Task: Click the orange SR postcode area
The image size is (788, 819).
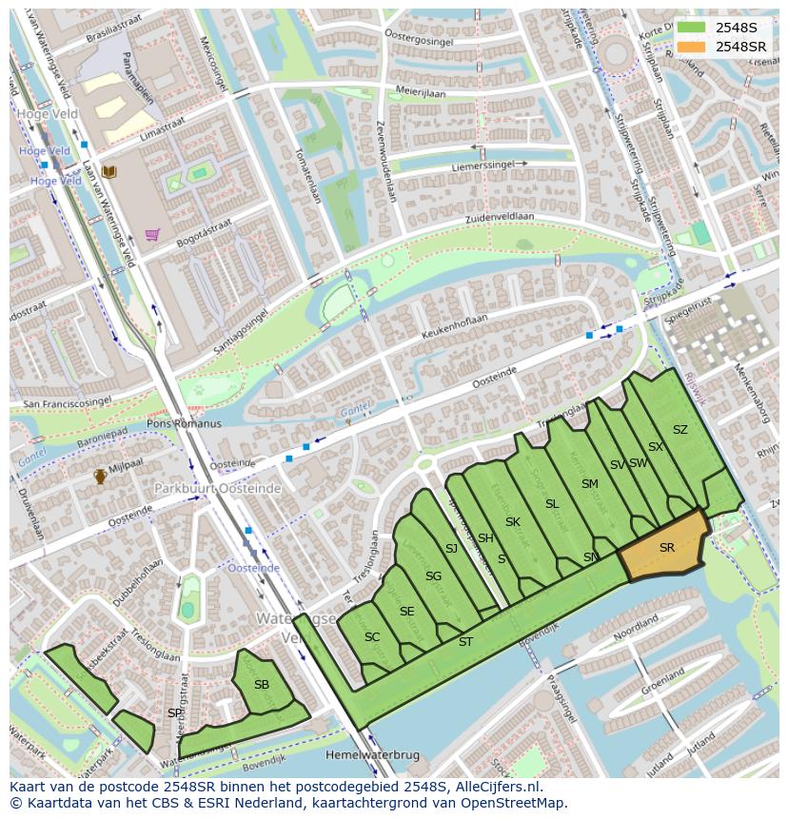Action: (663, 550)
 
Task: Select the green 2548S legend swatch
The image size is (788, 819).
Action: (692, 28)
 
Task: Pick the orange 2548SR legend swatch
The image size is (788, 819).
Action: (692, 47)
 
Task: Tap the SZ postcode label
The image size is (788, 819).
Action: (680, 430)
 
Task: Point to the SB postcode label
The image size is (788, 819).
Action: (262, 684)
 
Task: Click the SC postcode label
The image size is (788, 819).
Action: (372, 637)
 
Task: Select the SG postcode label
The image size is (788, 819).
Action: (433, 576)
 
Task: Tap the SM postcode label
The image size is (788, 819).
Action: (590, 484)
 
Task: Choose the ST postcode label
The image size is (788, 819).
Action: (465, 642)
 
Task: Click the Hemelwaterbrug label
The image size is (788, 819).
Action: (372, 754)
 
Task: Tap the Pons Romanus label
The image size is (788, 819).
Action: (184, 423)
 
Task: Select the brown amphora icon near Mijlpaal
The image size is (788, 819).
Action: (100, 477)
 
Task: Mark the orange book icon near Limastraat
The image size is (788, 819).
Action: (109, 171)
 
